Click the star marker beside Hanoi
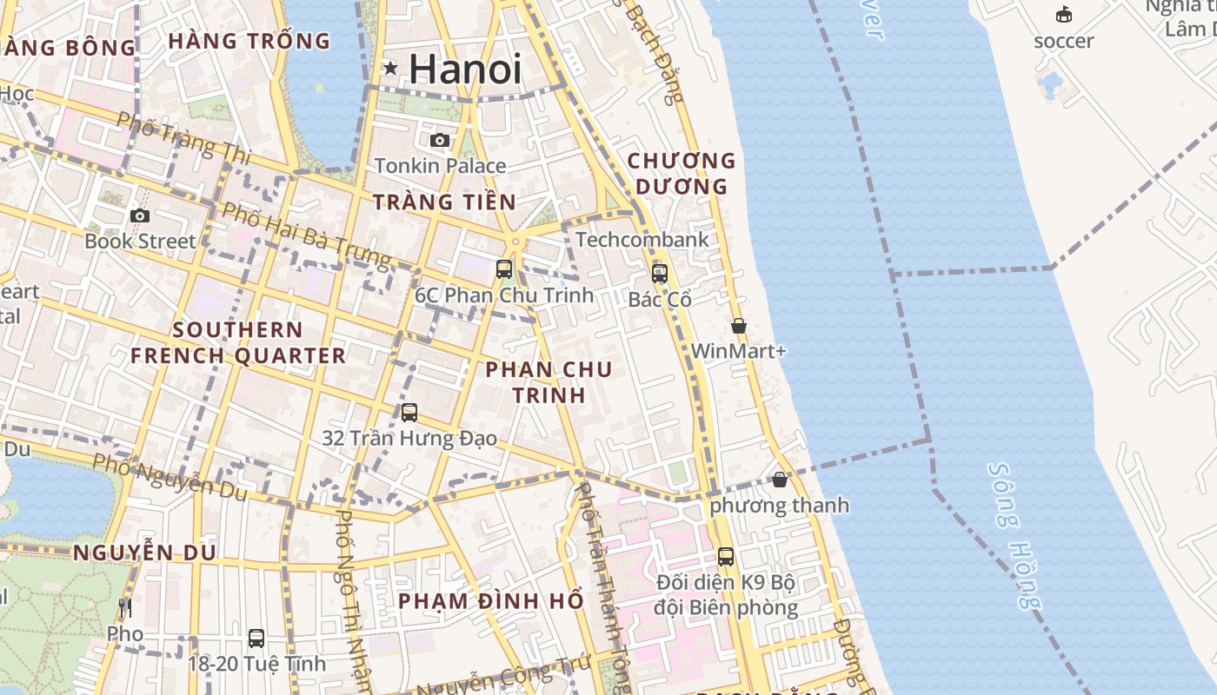390,68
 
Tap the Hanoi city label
465,69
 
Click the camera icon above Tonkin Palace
440,140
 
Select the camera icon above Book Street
140,215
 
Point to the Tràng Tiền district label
444,202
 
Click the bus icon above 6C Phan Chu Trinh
504,269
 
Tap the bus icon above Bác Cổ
660,274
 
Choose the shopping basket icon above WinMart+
739,326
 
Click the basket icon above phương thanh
780,480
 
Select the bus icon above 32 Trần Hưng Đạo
409,413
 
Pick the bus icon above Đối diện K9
726,557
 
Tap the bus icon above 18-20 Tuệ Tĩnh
256,639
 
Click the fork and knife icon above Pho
125,607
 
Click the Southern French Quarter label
237,342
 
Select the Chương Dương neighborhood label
682,173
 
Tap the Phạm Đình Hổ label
490,601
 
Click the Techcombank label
642,240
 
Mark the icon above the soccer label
1064,15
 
